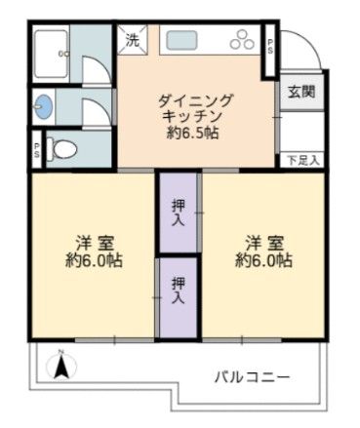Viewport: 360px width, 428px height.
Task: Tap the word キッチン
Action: click(x=195, y=115)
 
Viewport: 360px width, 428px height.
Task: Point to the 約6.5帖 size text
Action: click(x=195, y=133)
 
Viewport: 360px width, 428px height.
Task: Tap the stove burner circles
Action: click(x=240, y=41)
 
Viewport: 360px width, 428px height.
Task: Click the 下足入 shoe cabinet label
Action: click(x=302, y=158)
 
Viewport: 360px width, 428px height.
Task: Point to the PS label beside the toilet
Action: click(x=36, y=149)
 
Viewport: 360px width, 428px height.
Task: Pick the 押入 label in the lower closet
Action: click(x=179, y=290)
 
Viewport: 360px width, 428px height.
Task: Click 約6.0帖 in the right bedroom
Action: click(x=263, y=260)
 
